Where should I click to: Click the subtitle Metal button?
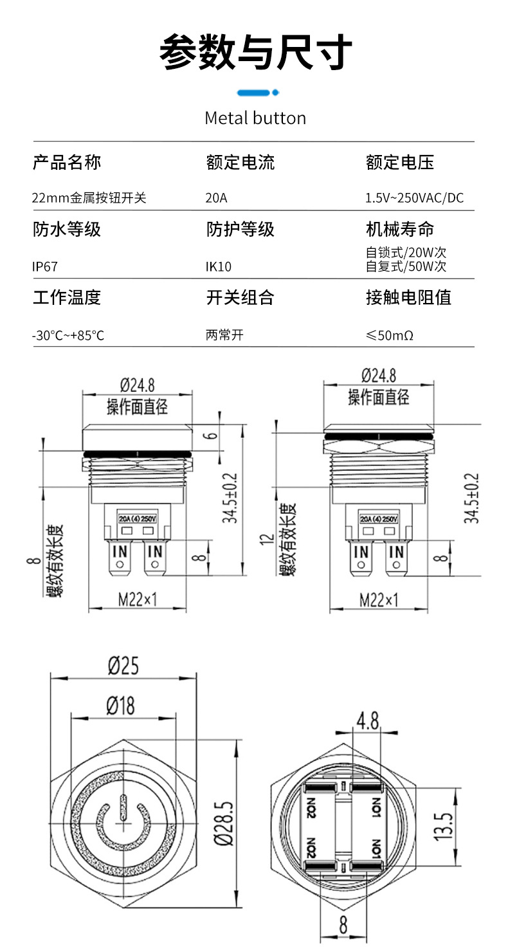(255, 118)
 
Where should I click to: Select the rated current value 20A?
(216, 197)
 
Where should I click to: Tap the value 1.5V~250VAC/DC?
(414, 197)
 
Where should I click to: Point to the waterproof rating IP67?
(49, 266)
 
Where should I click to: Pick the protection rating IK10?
(219, 266)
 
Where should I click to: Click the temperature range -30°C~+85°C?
(68, 335)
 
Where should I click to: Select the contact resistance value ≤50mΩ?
(389, 335)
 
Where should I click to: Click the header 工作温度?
(67, 297)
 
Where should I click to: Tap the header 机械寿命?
(399, 229)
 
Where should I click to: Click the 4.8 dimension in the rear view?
(367, 721)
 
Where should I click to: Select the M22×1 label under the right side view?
(379, 600)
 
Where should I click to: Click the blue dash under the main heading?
(256, 93)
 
